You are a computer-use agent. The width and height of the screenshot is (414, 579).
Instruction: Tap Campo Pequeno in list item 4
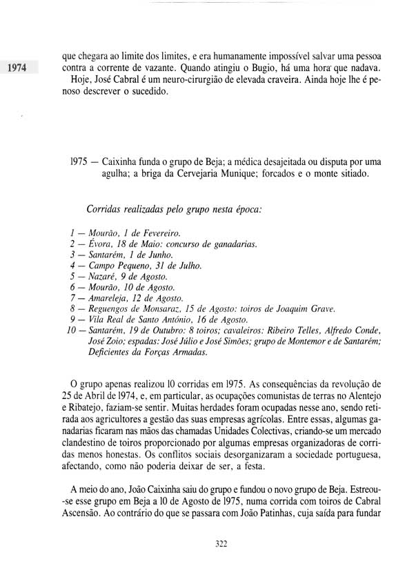(118, 265)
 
